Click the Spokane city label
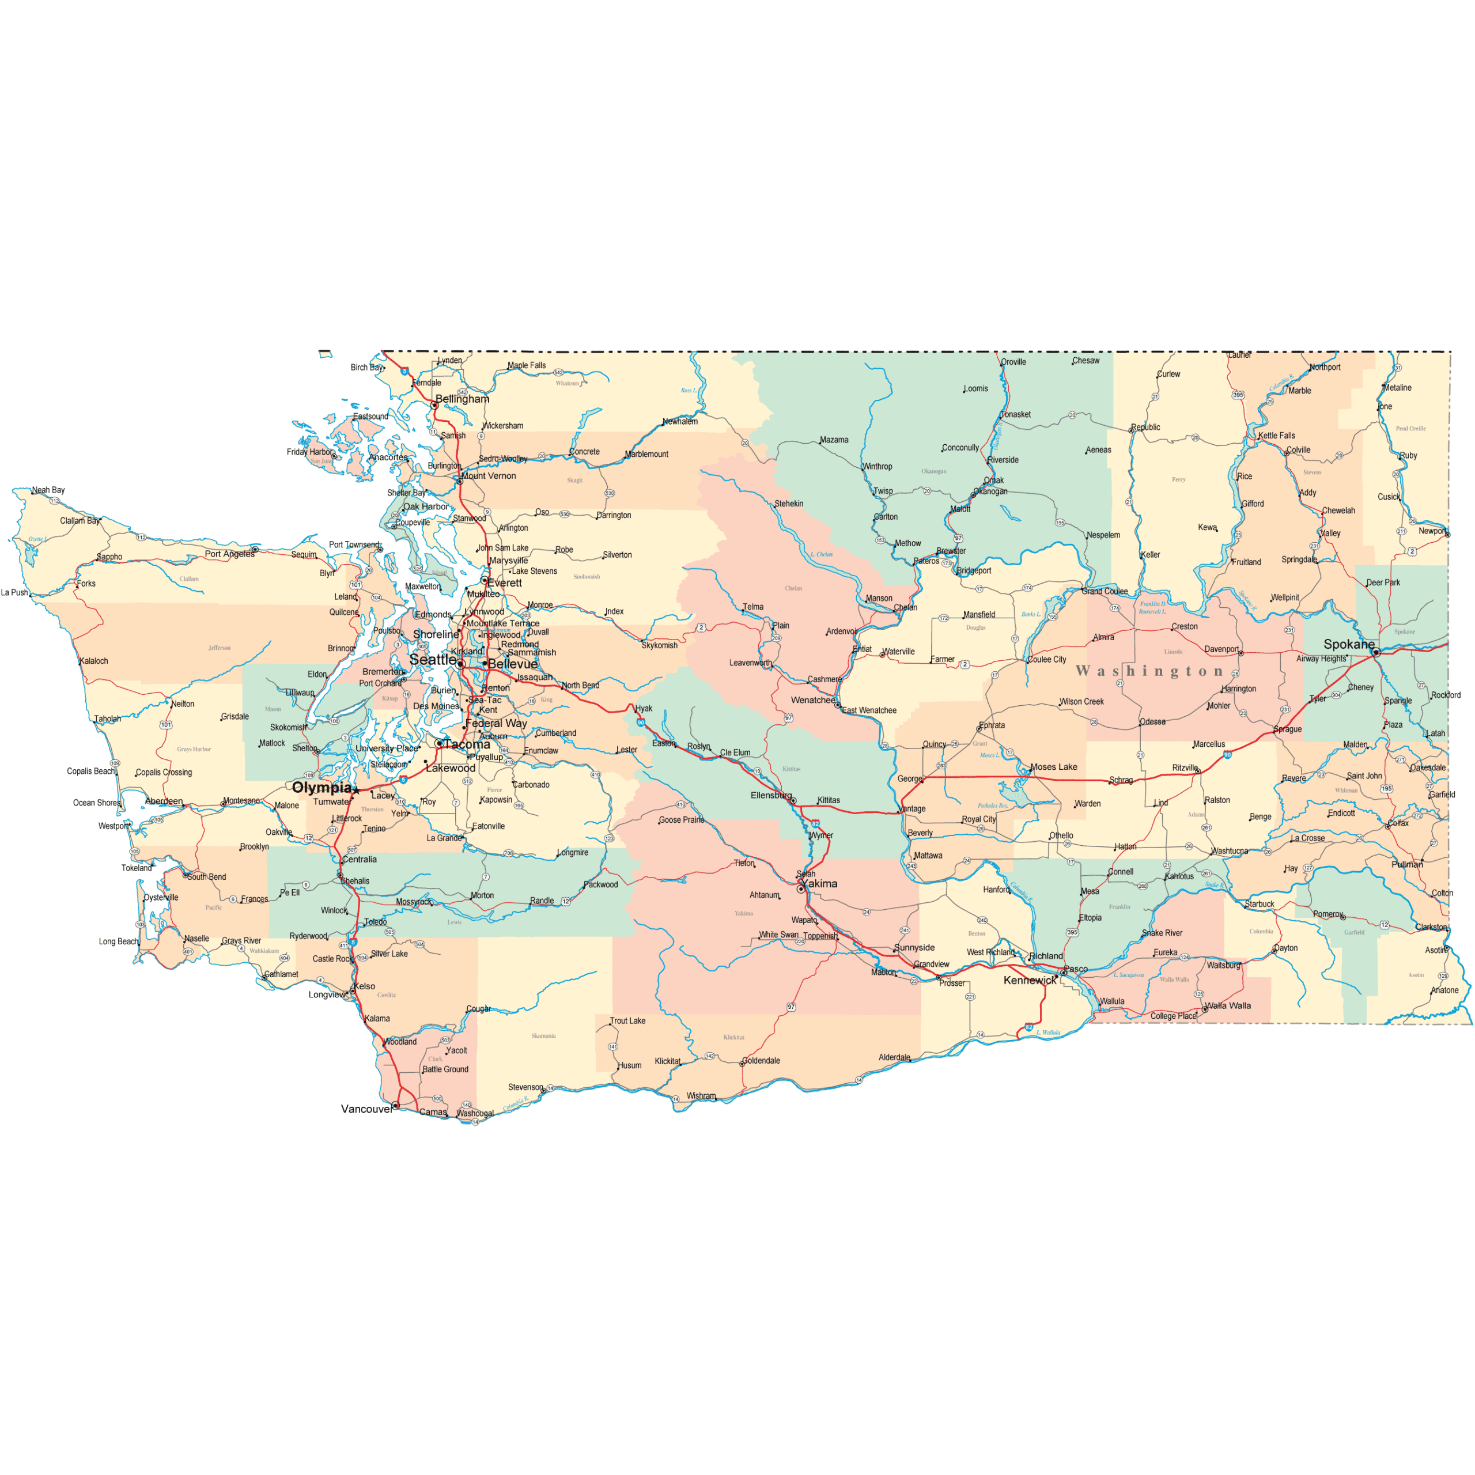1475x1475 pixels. [x=1348, y=644]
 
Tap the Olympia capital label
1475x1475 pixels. [x=322, y=787]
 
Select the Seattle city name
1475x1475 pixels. [x=433, y=659]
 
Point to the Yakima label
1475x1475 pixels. [x=820, y=883]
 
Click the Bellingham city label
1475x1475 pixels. [x=462, y=399]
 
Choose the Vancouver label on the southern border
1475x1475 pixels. [x=366, y=1109]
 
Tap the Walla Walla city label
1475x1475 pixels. [x=1228, y=1005]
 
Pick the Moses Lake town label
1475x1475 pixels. [x=1054, y=766]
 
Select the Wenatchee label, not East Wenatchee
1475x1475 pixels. [x=812, y=700]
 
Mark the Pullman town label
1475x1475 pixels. [x=1407, y=864]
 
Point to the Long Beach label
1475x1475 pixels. [x=118, y=941]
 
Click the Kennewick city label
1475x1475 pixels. [x=1030, y=980]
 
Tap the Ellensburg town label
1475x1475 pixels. [x=771, y=795]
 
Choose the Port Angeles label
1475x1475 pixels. [x=229, y=554]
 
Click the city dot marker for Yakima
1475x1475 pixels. [x=801, y=888]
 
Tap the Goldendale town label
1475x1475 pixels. [x=761, y=1060]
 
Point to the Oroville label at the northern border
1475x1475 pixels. [x=1014, y=362]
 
